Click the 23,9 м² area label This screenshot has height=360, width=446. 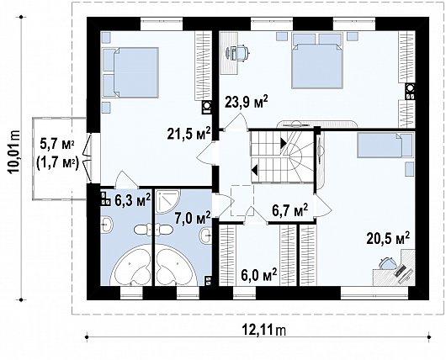(246, 102)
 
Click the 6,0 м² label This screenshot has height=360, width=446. (258, 274)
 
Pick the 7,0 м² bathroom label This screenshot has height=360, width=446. (191, 219)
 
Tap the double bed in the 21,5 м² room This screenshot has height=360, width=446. (130, 69)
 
